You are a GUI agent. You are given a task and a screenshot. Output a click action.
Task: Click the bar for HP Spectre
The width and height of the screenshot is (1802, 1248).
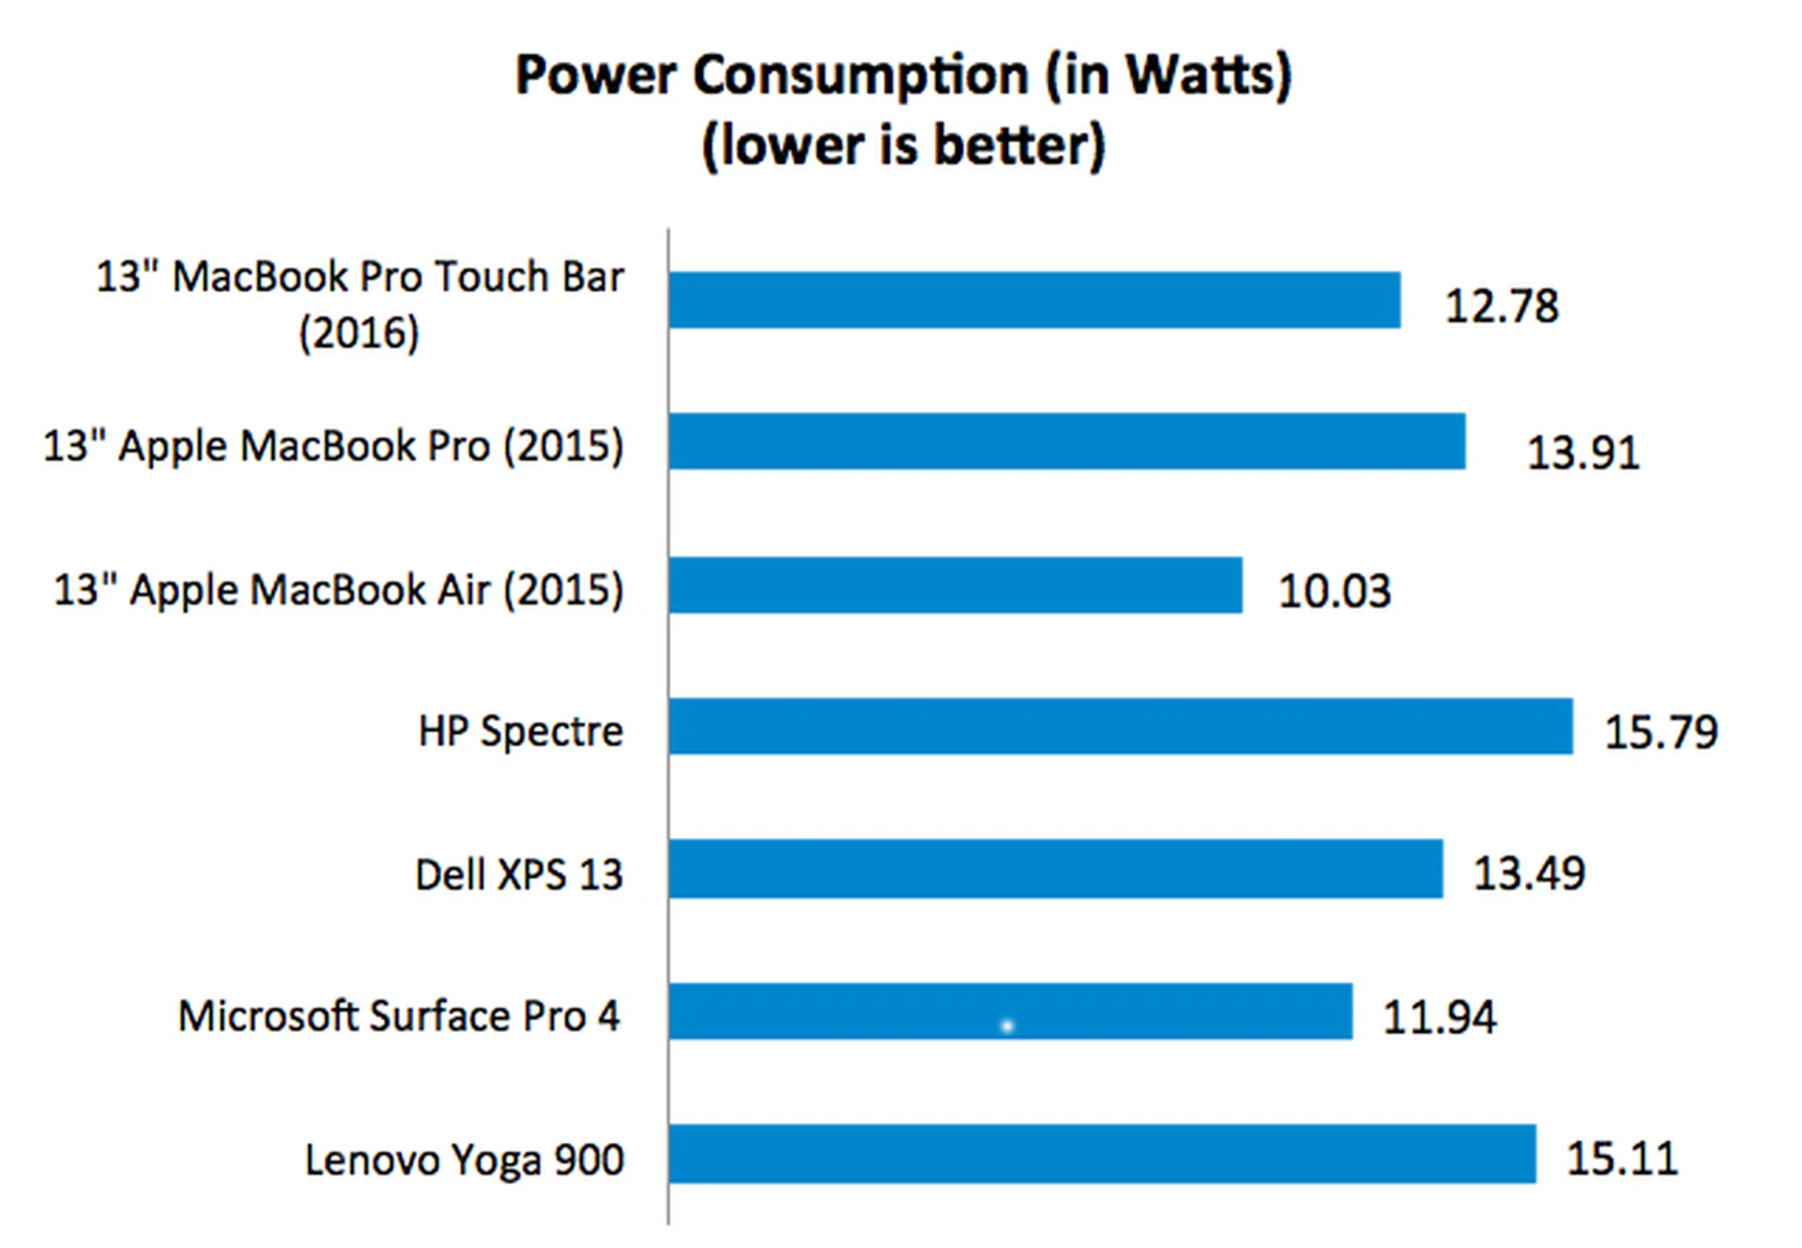(x=1121, y=726)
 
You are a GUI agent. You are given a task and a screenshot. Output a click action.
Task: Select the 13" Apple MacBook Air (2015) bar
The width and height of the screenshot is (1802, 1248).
(x=955, y=586)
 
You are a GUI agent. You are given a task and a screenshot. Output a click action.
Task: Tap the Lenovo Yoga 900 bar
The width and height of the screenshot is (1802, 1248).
(x=1102, y=1153)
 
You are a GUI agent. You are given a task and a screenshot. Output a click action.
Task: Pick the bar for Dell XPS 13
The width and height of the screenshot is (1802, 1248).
(x=1055, y=869)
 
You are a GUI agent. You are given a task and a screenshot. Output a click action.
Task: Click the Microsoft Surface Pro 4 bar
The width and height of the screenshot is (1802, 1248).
(x=1010, y=1012)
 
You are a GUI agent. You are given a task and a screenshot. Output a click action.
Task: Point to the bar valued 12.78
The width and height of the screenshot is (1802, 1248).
(x=1034, y=300)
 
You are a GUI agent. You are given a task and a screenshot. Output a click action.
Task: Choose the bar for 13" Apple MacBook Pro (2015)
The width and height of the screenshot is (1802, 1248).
(x=1066, y=441)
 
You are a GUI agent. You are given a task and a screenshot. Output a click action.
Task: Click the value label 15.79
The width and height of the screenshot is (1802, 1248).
(x=1660, y=732)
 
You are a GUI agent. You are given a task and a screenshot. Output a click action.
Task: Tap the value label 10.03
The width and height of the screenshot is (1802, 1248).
(x=1334, y=591)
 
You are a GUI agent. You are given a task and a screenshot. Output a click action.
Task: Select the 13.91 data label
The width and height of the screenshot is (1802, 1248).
(x=1582, y=452)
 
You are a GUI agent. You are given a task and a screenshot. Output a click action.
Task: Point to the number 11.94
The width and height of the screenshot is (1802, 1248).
(x=1439, y=1017)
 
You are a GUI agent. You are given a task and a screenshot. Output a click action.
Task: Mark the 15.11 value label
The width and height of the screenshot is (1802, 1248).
(x=1622, y=1158)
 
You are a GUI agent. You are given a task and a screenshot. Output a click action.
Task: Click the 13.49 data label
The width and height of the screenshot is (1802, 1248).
(x=1528, y=874)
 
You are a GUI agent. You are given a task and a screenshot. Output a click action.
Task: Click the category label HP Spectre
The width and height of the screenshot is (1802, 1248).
(x=520, y=731)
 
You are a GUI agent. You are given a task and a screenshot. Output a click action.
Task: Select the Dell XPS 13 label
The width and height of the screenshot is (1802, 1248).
(x=518, y=875)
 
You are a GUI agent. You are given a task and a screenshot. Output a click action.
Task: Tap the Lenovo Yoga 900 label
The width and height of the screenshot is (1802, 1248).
(x=464, y=1160)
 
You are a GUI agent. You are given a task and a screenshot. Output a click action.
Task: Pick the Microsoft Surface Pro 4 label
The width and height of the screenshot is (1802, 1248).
(x=399, y=1016)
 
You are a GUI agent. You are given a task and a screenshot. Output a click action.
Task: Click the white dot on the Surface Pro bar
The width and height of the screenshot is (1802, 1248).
(x=1007, y=1027)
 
